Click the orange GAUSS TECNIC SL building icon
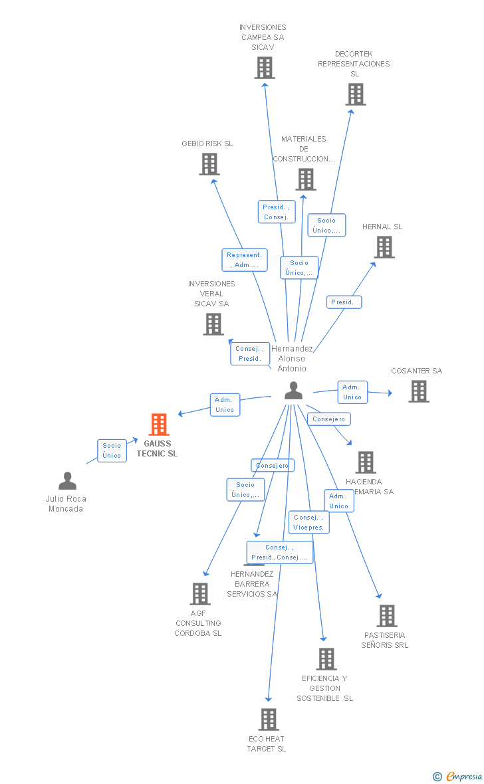(159, 424)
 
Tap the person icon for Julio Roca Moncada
(67, 480)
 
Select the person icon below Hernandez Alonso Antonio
(293, 391)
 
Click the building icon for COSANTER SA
(418, 391)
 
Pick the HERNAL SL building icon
(384, 247)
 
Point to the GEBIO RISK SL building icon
(209, 164)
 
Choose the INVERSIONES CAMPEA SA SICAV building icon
(264, 68)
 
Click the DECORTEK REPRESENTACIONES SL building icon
(355, 94)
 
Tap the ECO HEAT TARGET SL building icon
(268, 719)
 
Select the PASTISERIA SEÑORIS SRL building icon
(386, 616)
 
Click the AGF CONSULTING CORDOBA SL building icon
(199, 594)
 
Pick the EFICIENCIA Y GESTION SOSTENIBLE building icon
(326, 659)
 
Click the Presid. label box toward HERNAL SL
(344, 302)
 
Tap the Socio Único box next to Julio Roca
(112, 450)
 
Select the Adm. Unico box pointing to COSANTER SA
(352, 392)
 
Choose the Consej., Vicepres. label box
(308, 522)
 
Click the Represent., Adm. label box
(245, 260)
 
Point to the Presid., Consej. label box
(277, 212)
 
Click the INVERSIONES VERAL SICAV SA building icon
(213, 324)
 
